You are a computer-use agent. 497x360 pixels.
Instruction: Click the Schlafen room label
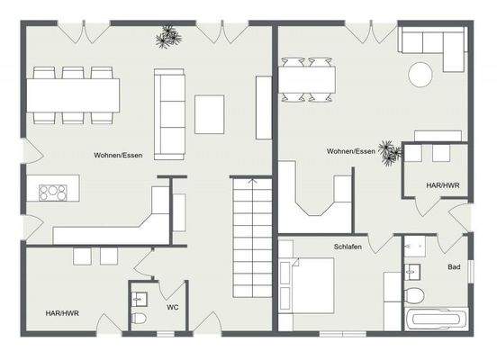(348, 246)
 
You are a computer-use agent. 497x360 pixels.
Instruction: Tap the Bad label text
(455, 266)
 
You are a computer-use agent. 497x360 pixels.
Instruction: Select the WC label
(172, 306)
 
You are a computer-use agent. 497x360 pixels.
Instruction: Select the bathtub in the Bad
(436, 319)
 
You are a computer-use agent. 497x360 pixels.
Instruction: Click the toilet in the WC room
(139, 318)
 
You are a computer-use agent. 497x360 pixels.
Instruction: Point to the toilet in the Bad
(413, 295)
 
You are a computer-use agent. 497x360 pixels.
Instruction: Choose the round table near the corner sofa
(422, 72)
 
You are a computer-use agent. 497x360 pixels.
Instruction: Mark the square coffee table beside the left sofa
(210, 113)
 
